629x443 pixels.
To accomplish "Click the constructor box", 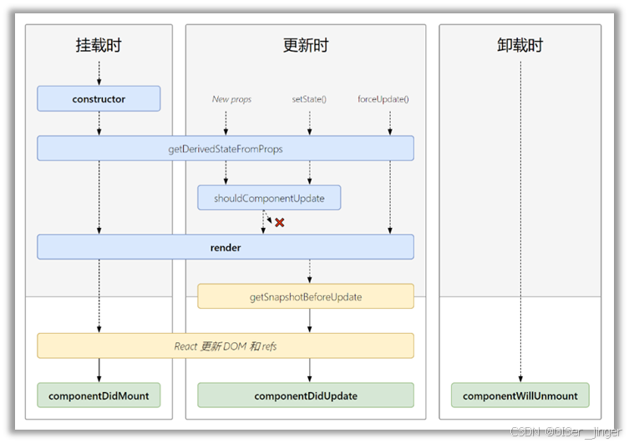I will tap(99, 98).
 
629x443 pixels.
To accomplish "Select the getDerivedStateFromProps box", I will tap(226, 149).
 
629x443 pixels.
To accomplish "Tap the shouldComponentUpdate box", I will tap(269, 198).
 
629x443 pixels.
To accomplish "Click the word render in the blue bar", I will tap(226, 247).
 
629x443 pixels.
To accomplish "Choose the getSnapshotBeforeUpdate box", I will tap(306, 296).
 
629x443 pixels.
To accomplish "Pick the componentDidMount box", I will tap(99, 395).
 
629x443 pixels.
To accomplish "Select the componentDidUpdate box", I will tap(306, 395).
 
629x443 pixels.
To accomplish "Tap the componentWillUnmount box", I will tap(520, 395).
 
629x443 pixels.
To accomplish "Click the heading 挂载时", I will tap(99, 46).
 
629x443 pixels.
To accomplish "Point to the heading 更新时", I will tap(306, 46).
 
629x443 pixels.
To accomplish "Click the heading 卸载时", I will tap(520, 46).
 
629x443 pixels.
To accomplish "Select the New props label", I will tap(231, 99).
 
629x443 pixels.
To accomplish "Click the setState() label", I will tap(309, 99).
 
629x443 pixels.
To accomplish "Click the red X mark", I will tap(280, 223).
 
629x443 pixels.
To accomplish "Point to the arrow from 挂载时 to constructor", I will tap(99, 73).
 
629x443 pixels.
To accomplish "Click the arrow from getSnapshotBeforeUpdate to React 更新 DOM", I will tap(310, 321).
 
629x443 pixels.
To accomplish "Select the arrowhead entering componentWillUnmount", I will tap(520, 380).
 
